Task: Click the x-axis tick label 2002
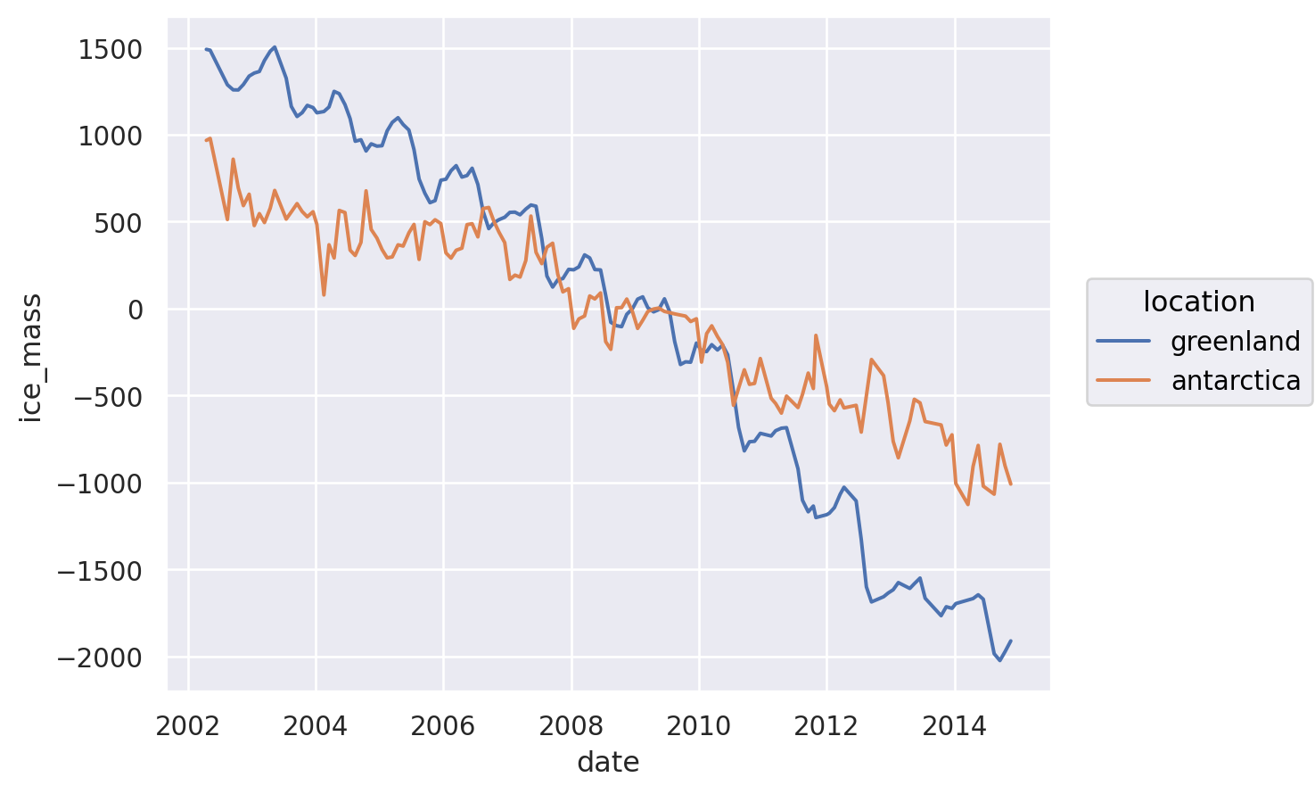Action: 188,726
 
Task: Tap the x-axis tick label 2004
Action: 316,726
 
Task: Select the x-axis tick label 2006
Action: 443,726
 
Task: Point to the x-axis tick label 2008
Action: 571,726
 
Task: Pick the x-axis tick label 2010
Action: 699,726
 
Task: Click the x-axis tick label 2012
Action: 826,726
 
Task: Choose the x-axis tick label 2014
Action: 955,726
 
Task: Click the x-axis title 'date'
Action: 608,763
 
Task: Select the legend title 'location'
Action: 1199,302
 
